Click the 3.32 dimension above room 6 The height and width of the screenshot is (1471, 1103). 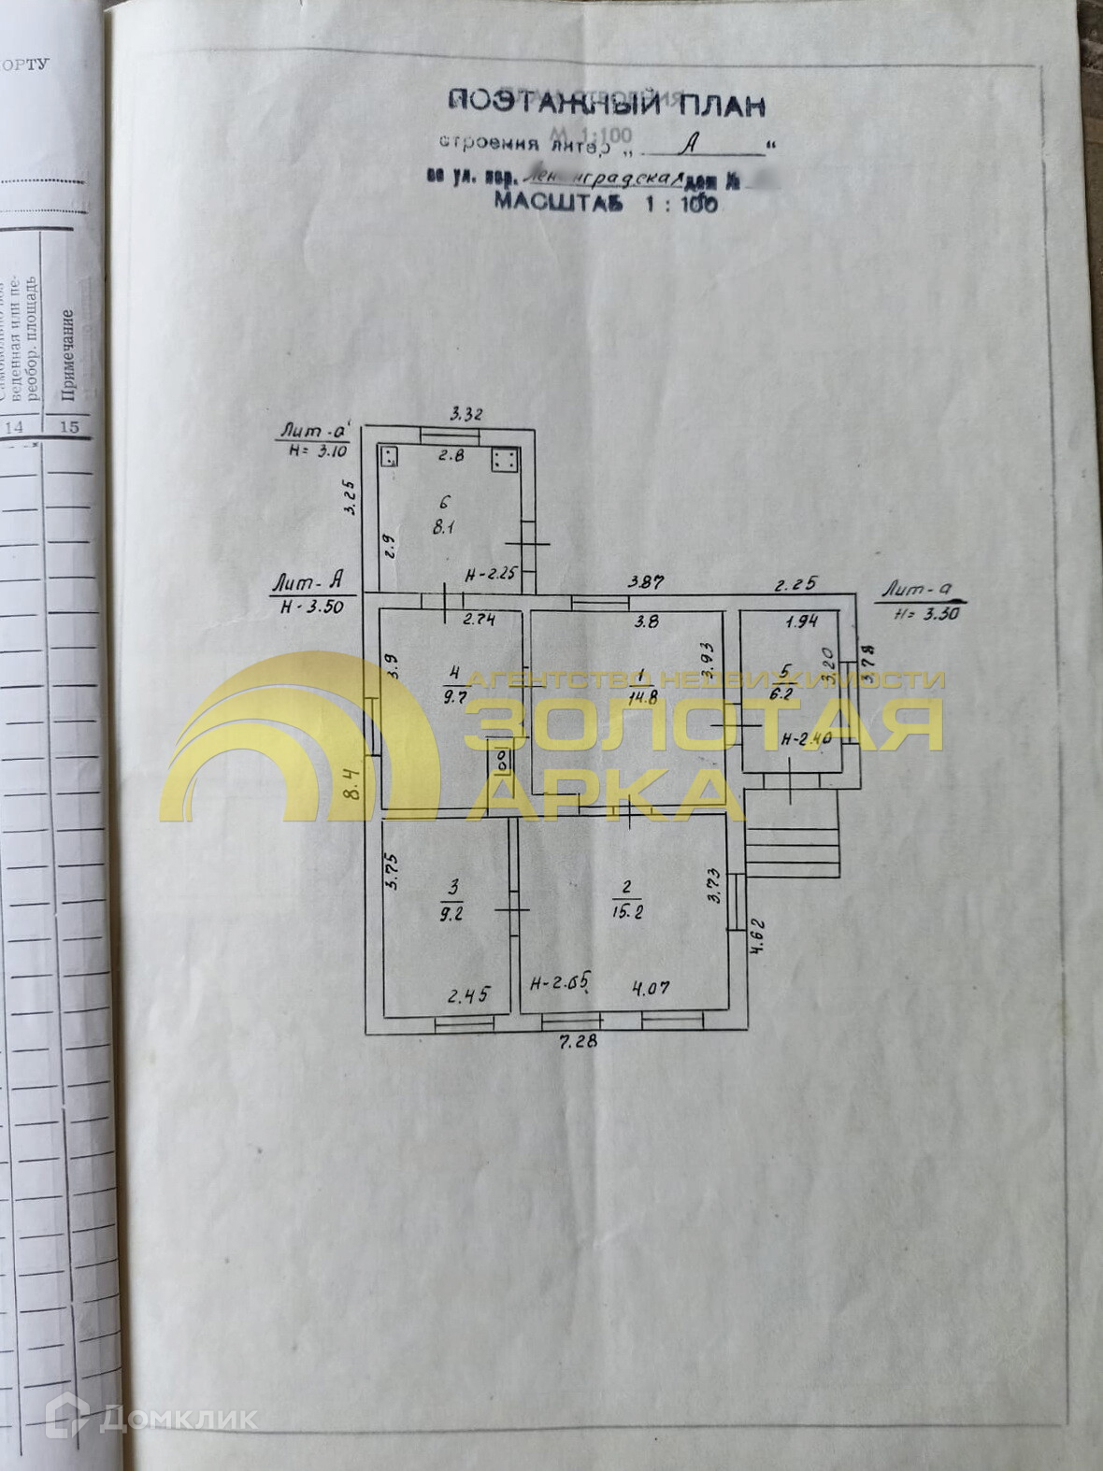click(x=466, y=414)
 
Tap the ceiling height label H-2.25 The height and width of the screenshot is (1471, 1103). click(x=491, y=576)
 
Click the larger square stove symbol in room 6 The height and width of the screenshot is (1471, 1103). click(x=505, y=459)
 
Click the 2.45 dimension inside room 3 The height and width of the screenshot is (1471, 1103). click(x=467, y=996)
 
